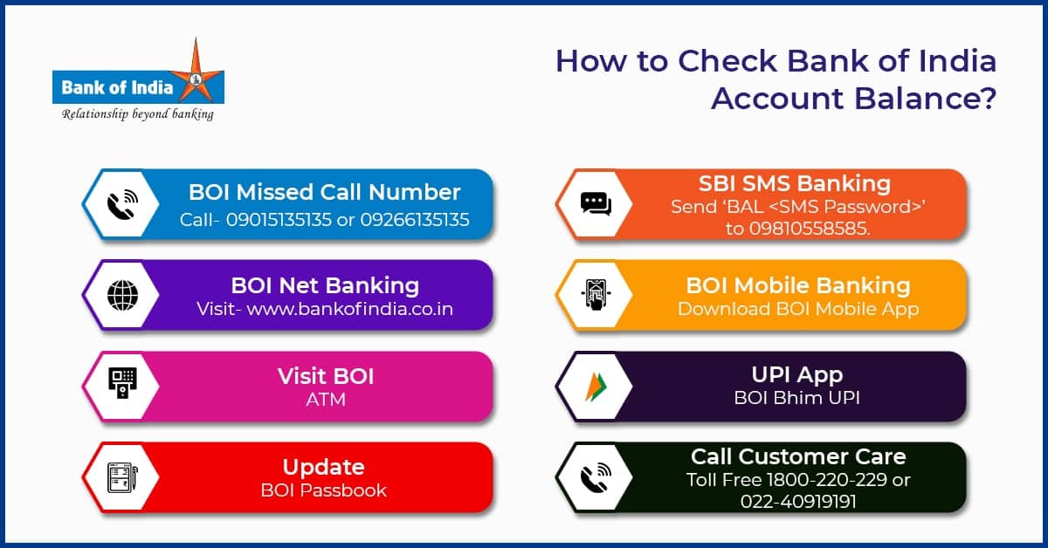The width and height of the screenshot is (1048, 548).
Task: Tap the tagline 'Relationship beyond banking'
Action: coord(137,114)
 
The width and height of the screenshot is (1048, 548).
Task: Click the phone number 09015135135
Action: coord(279,219)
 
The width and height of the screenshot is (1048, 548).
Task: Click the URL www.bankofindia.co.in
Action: coord(349,309)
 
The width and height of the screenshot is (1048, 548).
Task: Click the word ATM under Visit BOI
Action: coord(325,400)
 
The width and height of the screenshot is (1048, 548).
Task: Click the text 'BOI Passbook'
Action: coord(324,490)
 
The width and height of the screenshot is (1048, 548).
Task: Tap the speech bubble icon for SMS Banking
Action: coord(596,203)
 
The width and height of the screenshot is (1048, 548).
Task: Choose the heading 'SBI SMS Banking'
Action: coord(794,183)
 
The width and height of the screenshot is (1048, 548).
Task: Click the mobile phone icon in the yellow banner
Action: coord(596,294)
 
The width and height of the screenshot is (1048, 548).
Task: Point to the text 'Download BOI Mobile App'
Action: coord(798,309)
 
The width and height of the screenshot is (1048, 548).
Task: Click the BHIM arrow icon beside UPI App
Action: coord(596,385)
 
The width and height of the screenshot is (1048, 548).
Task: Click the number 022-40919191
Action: coord(798,501)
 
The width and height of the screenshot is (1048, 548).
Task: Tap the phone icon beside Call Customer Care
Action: coord(596,476)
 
